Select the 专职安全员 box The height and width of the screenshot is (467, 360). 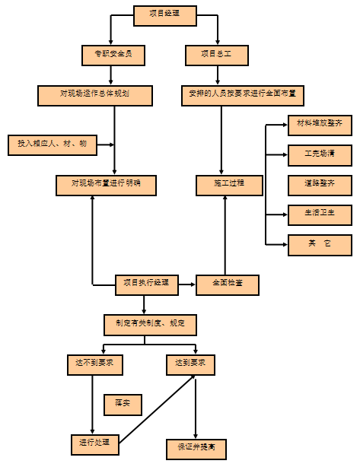click(113, 55)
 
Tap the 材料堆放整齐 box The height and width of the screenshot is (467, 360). click(320, 125)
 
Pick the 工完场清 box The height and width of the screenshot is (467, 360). click(320, 154)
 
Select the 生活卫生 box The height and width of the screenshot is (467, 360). click(320, 214)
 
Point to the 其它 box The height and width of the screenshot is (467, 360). click(320, 245)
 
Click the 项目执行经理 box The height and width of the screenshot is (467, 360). click(146, 284)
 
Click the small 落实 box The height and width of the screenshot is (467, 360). click(122, 403)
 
